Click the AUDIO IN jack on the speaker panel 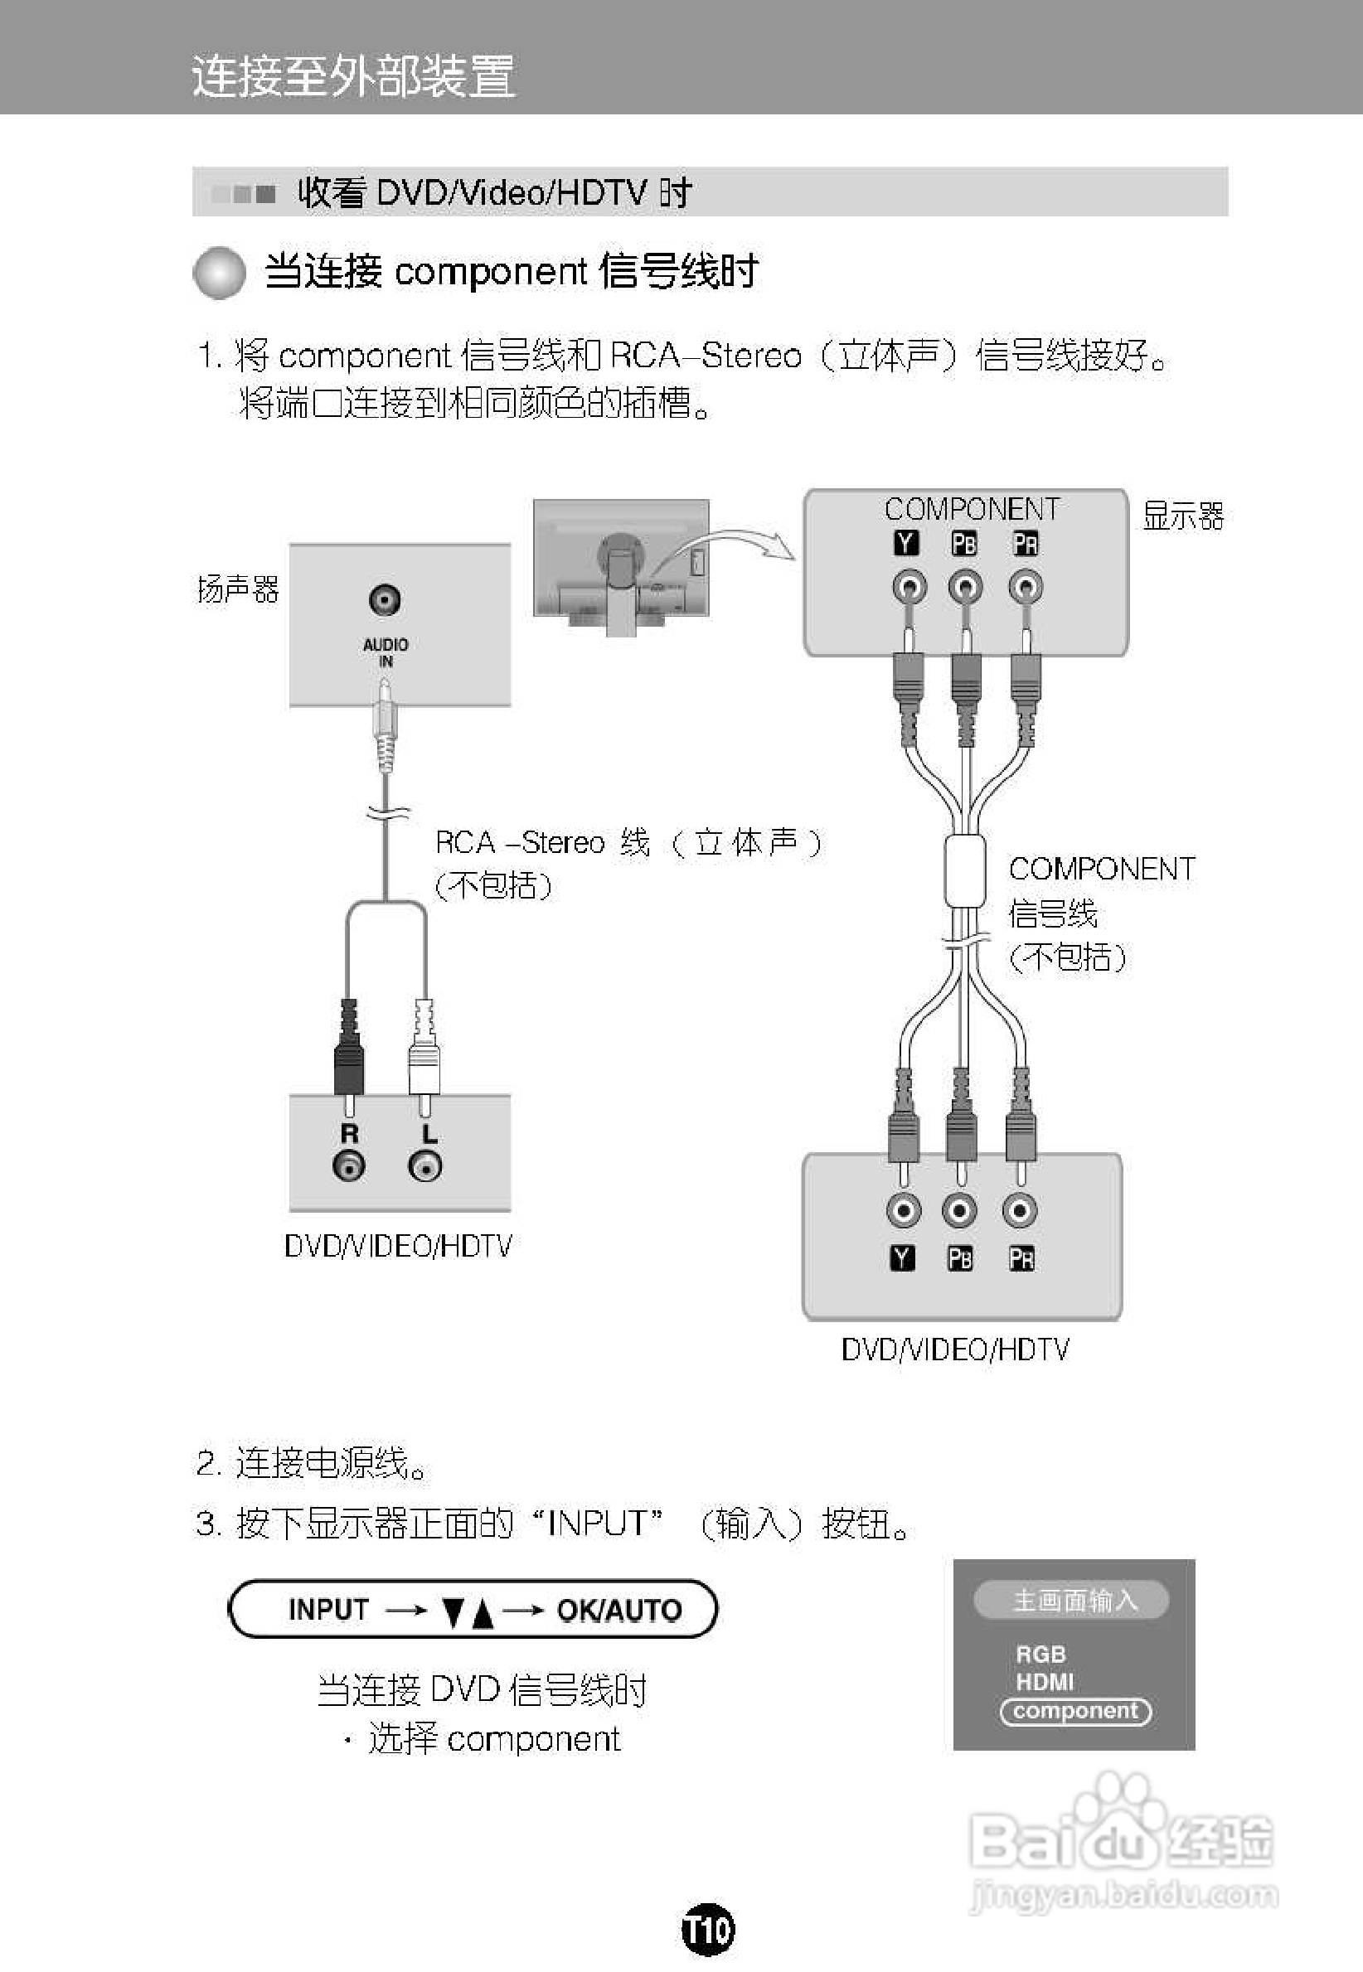(x=386, y=599)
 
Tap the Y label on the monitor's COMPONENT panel (x=906, y=543)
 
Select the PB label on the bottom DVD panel (x=960, y=1258)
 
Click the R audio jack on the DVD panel (x=349, y=1165)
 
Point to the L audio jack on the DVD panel (x=425, y=1165)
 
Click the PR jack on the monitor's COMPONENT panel (x=1025, y=588)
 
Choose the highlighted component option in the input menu (x=1075, y=1710)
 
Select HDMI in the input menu (x=1045, y=1682)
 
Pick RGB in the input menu (x=1041, y=1654)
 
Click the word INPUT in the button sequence (x=329, y=1609)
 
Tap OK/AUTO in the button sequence (x=619, y=1610)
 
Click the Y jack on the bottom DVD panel (x=903, y=1209)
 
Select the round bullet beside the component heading (x=220, y=274)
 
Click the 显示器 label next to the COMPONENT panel (x=1183, y=516)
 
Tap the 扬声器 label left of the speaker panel (x=238, y=589)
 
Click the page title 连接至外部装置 (x=353, y=75)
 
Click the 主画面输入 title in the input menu (x=1073, y=1600)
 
